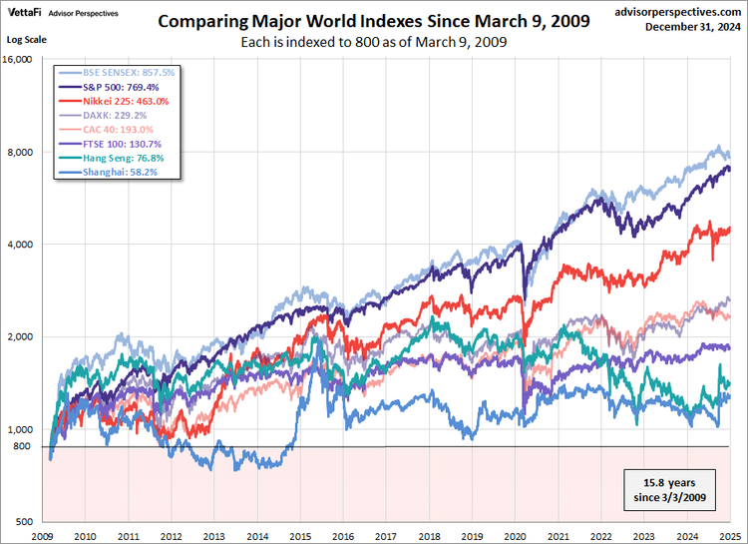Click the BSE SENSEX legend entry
(x=121, y=73)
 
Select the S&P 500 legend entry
(x=116, y=87)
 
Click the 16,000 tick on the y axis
(x=18, y=60)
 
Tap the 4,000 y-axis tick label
(x=21, y=245)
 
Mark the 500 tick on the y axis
(x=26, y=522)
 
